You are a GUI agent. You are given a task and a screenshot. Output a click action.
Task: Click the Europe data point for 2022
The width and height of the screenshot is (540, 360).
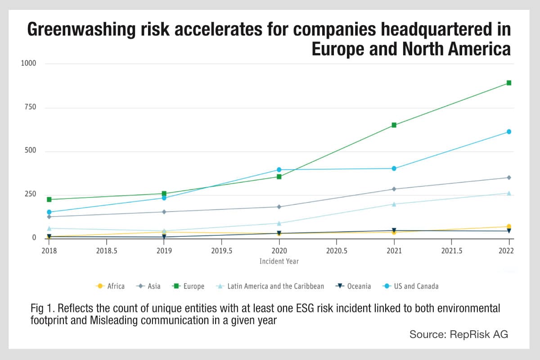[x=509, y=83]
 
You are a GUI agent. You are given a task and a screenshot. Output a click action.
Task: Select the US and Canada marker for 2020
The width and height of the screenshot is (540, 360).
[x=279, y=170]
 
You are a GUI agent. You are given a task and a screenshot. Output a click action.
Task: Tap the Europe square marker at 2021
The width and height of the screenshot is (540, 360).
[x=394, y=125]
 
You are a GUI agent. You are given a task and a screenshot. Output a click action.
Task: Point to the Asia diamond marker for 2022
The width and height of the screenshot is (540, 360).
[x=509, y=177]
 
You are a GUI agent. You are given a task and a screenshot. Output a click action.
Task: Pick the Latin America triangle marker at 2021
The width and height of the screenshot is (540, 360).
[x=394, y=204]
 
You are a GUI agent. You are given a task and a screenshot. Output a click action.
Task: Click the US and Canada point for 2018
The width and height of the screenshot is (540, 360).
[x=49, y=212]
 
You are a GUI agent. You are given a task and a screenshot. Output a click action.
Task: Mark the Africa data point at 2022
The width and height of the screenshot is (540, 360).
[x=509, y=226]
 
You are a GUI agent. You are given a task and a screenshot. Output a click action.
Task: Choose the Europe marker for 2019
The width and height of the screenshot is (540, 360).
[x=164, y=193]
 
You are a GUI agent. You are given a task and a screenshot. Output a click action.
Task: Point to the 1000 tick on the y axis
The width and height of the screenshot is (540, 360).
[x=29, y=63]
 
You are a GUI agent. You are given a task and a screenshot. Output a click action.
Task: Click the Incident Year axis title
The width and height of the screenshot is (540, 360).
[x=279, y=261]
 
